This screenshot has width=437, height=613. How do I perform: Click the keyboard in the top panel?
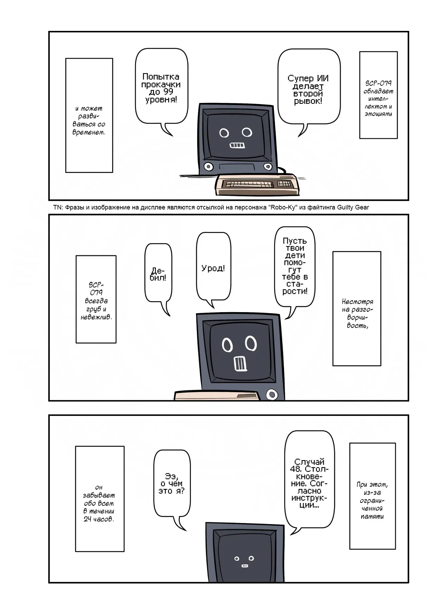tap(257, 184)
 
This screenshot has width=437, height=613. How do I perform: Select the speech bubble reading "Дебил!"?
tap(158, 274)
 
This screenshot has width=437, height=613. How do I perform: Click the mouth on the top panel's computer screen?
tap(237, 145)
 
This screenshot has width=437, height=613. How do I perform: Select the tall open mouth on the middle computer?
tap(240, 363)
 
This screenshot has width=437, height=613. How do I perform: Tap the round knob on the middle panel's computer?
tap(272, 394)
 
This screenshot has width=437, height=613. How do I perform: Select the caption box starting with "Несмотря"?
tap(356, 309)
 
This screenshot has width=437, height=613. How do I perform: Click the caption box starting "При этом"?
tap(372, 496)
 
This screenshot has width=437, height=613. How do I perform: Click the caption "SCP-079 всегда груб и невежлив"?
tap(96, 299)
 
